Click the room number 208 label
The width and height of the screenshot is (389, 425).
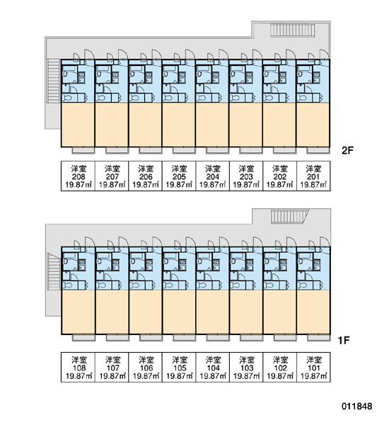point(79,176)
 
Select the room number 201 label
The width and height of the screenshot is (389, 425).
point(313,176)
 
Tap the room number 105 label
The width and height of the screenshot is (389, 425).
point(180,368)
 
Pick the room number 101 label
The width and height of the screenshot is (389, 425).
point(313,368)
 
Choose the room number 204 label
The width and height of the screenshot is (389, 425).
point(212,176)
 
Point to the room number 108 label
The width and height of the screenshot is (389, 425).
point(79,368)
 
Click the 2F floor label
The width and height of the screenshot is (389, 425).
point(347,150)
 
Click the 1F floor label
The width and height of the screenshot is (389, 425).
point(344,340)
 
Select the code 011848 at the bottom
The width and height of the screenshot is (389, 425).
point(356,406)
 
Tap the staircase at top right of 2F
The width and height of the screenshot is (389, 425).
point(293,30)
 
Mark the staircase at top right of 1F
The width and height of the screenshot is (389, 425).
point(290,216)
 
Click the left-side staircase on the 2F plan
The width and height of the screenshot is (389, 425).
point(54,81)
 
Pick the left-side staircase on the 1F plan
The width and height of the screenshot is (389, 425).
point(54,271)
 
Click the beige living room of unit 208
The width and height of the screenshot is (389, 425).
point(78,125)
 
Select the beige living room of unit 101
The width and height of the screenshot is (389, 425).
point(313,312)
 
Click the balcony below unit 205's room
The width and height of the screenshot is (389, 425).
point(184,150)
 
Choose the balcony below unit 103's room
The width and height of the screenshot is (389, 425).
point(251,338)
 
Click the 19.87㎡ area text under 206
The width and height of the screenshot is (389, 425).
point(146,185)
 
